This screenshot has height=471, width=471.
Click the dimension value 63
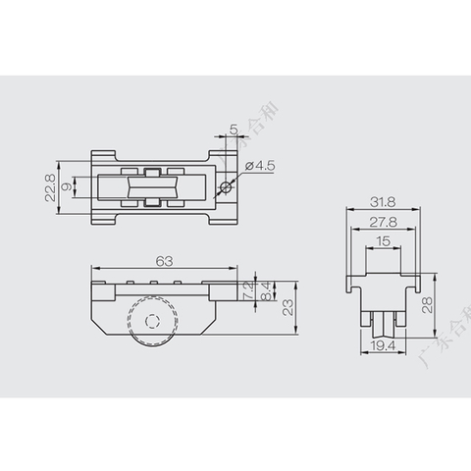click(x=164, y=260)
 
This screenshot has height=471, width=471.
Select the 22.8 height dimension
click(x=49, y=186)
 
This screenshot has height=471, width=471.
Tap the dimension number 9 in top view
click(x=66, y=186)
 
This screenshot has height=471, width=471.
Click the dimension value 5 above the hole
click(x=233, y=130)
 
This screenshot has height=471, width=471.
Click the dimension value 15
click(x=384, y=241)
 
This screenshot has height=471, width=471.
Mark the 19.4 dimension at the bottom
click(x=384, y=346)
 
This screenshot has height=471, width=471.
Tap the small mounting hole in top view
click(x=226, y=186)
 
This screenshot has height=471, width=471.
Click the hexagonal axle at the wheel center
click(x=151, y=320)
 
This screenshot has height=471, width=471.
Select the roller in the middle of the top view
click(x=151, y=186)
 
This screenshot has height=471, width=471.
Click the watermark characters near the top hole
click(x=233, y=147)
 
